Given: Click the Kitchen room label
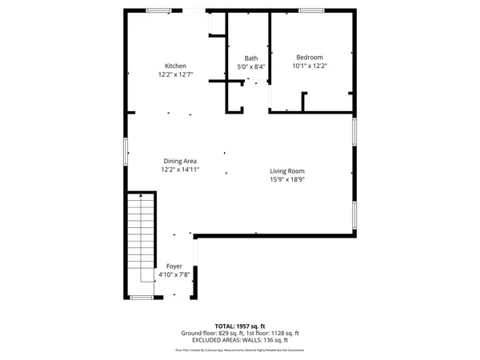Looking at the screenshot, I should point(175,66).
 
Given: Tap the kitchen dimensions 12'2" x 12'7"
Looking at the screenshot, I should point(175,74).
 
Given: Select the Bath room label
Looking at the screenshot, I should point(251,58).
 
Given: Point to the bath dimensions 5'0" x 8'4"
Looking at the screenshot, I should point(251,67).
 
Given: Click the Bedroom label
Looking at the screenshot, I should point(310,57).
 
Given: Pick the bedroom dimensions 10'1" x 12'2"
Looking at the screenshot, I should point(310,66).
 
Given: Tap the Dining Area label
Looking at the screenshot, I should point(180,161).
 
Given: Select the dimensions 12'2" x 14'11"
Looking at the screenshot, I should point(180,170).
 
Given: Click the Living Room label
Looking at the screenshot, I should point(287,171).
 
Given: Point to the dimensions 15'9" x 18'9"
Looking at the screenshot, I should point(287,180).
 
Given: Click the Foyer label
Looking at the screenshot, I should point(174,266).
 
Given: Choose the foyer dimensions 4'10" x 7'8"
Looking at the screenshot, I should point(174,274).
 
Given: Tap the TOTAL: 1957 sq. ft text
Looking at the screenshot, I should point(239,326).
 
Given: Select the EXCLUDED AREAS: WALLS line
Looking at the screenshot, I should point(239,340).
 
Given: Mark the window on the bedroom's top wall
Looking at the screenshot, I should point(312,10).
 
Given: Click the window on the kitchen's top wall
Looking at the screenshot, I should point(158,10).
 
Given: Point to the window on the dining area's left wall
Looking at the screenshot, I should point(124,150).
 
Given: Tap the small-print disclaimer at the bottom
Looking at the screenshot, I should point(239,350).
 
